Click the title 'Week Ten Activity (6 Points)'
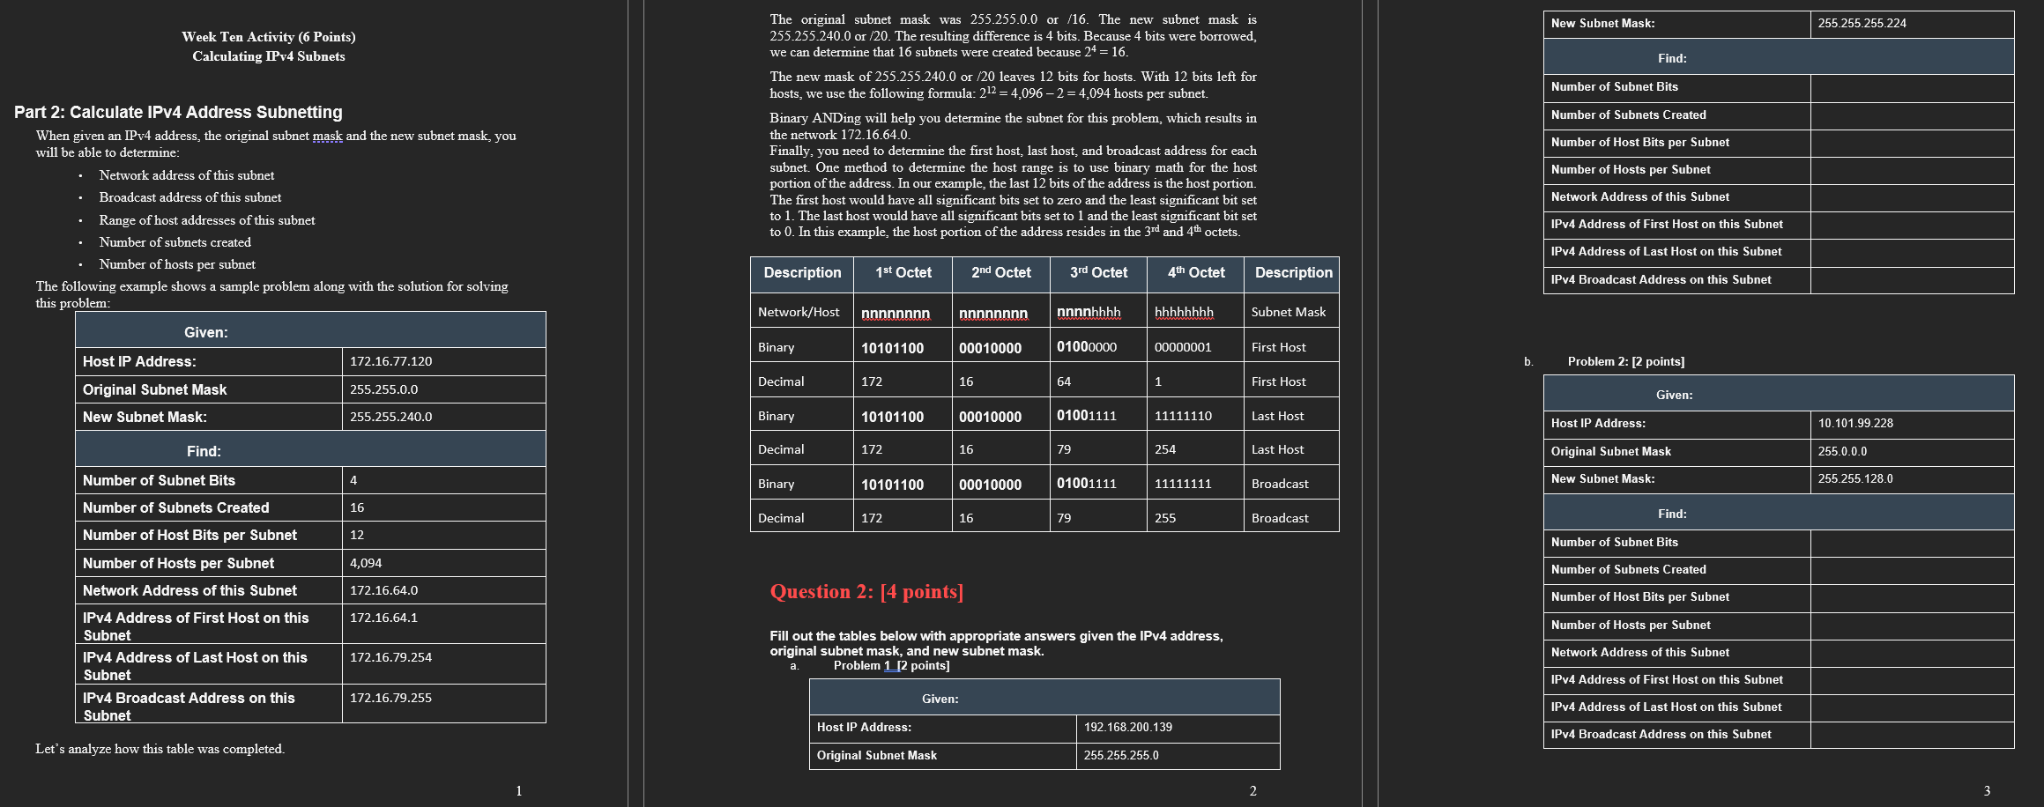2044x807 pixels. (x=268, y=37)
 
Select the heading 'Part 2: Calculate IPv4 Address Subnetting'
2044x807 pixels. (x=178, y=112)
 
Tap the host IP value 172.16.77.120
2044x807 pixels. (x=390, y=361)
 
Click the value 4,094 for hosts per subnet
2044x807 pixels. (x=366, y=563)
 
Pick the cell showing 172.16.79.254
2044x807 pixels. (x=390, y=657)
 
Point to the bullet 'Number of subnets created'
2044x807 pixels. (x=175, y=242)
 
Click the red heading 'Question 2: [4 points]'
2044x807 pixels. (x=866, y=591)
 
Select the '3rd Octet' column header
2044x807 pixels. (x=1098, y=273)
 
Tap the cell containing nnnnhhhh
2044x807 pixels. (x=1089, y=313)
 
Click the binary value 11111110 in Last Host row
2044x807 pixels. (x=1183, y=416)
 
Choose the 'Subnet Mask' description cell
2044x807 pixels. (x=1288, y=312)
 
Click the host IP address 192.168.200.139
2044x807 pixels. (x=1127, y=727)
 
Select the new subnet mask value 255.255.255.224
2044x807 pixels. (x=1862, y=24)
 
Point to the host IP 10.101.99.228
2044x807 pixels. (x=1855, y=423)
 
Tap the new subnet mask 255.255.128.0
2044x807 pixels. (x=1854, y=478)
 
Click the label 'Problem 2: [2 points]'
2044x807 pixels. (x=1625, y=361)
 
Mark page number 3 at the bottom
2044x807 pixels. (x=1987, y=790)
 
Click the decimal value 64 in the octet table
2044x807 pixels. (x=1064, y=381)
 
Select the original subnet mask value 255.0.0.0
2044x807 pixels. (x=1842, y=451)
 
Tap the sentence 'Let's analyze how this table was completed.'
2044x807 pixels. (x=160, y=749)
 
